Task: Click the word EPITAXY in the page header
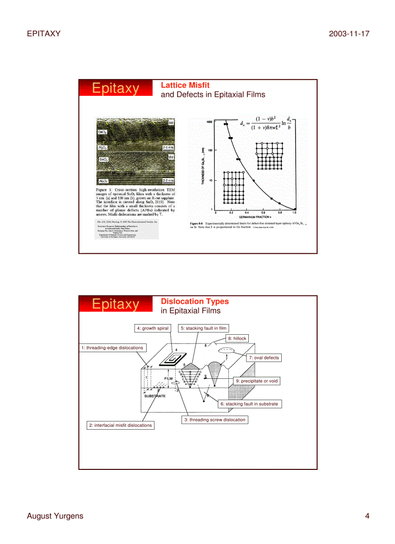tap(44, 33)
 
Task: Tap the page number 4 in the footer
tap(367, 516)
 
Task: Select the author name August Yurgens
tap(55, 516)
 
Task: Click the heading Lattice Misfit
tap(185, 85)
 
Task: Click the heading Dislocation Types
tap(195, 301)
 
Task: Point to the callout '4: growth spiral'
tap(152, 328)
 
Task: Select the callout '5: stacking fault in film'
tap(203, 328)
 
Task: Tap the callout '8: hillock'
tap(237, 338)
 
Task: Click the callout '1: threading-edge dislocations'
tap(112, 348)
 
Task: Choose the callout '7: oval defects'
tap(265, 357)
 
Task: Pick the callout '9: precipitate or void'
tap(257, 381)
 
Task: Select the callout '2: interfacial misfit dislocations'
tap(120, 425)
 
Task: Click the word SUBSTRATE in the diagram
tap(155, 396)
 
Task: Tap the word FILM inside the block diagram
tap(168, 378)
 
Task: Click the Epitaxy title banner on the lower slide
tap(115, 304)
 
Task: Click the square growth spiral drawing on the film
tap(175, 358)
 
